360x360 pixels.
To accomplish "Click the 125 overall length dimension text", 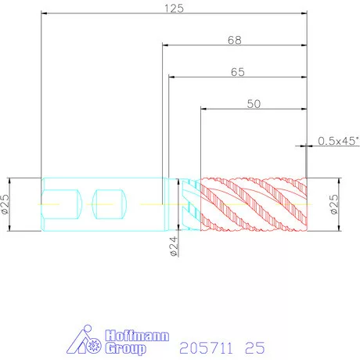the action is (174, 9).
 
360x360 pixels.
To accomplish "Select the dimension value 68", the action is (235, 40).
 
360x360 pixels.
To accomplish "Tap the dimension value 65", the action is (238, 72).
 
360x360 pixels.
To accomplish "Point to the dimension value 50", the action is (254, 104).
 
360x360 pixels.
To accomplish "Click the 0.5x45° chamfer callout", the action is (338, 141).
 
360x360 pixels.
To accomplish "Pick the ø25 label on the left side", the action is (5, 204).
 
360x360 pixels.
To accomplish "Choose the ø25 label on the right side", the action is (334, 204).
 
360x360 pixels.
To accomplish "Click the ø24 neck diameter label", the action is (174, 247).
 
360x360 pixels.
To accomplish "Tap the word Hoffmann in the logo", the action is (137, 336).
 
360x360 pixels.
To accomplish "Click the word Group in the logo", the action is (126, 348).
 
